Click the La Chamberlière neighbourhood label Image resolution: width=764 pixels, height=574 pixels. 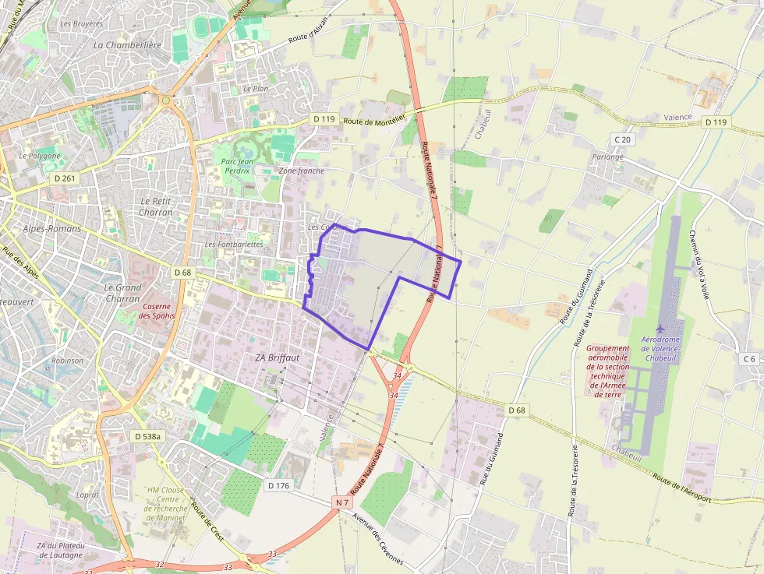[127, 45]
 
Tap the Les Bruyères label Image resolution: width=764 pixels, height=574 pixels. [81, 24]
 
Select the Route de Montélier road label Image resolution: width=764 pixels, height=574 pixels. [375, 121]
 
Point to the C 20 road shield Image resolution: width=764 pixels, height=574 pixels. [621, 139]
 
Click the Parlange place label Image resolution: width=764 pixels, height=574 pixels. [607, 157]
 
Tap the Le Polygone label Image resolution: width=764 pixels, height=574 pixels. [40, 156]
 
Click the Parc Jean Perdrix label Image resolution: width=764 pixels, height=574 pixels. [232, 165]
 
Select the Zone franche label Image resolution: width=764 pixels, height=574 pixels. [301, 171]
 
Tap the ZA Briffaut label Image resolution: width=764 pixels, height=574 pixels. [278, 357]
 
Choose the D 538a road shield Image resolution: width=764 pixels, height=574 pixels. [147, 437]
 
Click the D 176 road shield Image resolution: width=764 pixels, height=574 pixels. [278, 485]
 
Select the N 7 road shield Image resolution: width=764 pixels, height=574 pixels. [342, 502]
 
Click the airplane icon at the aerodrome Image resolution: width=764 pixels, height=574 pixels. [660, 329]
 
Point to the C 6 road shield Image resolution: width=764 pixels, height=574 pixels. [750, 358]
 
